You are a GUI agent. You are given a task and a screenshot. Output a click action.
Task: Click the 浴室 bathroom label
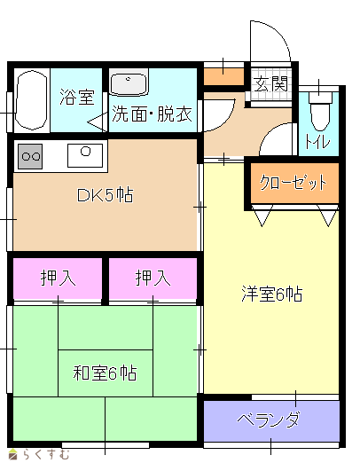tap(77, 97)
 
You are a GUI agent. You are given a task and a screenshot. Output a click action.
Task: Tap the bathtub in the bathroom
tap(31, 100)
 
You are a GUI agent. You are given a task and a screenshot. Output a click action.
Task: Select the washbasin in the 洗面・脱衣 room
tap(129, 82)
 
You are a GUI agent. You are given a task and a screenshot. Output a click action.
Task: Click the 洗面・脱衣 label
tap(152, 114)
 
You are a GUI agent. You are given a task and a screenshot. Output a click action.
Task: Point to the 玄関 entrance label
tap(271, 84)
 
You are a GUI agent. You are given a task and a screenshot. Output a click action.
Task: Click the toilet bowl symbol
tap(320, 111)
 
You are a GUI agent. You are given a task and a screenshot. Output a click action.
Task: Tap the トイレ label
tap(317, 142)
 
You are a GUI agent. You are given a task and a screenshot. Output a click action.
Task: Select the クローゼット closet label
tap(293, 183)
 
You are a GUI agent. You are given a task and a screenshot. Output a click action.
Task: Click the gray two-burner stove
tap(30, 156)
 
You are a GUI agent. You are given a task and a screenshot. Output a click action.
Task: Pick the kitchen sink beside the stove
tap(85, 155)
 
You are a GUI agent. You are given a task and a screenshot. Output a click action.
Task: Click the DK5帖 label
tap(105, 195)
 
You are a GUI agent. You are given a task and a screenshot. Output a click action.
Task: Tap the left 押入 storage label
tap(58, 278)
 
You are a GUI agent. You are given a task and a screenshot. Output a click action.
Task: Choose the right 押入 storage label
tap(153, 278)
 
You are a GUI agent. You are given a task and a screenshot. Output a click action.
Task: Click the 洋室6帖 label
tap(272, 294)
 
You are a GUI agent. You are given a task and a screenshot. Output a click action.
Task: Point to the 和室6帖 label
tap(105, 373)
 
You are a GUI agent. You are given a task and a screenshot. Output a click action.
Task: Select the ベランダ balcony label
tap(269, 420)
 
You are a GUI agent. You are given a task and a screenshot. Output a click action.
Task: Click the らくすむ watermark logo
tap(39, 455)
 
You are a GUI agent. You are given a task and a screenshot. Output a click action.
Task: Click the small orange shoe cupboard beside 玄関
tap(223, 76)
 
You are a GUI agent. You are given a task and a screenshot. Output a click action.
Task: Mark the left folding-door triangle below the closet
tap(262, 216)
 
